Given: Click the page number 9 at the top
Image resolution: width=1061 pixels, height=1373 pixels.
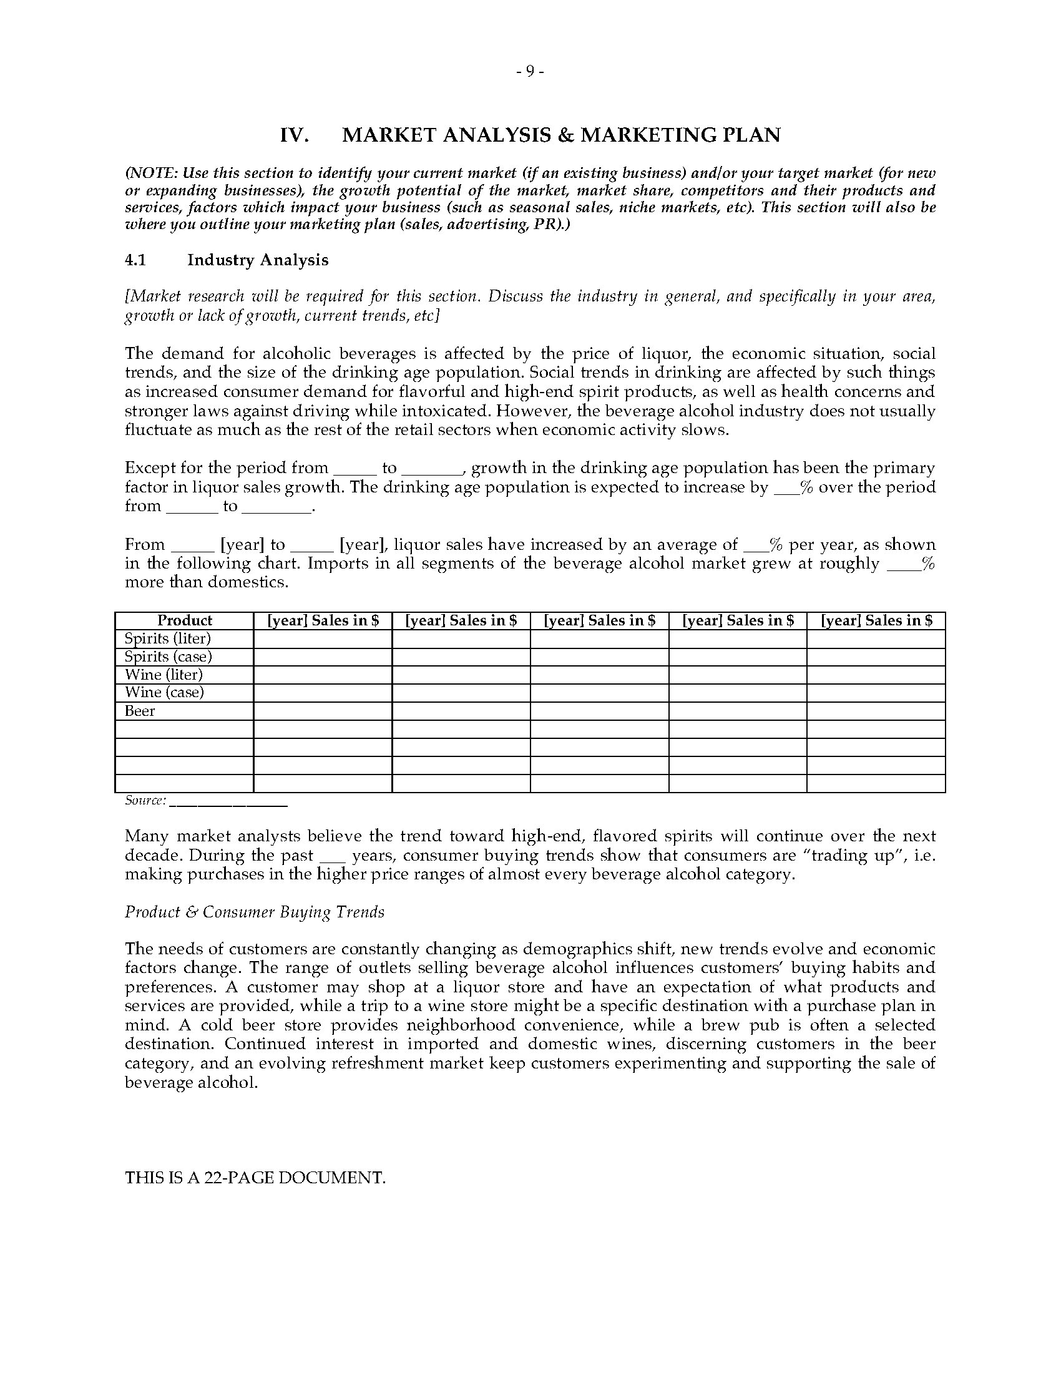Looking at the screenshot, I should pyautogui.click(x=530, y=72).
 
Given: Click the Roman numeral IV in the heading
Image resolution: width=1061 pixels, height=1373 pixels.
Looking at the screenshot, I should pyautogui.click(x=293, y=135).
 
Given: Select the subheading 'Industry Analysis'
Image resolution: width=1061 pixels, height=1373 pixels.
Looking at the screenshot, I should pyautogui.click(x=258, y=260).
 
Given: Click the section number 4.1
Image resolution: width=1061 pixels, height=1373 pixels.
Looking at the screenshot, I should pyautogui.click(x=135, y=260).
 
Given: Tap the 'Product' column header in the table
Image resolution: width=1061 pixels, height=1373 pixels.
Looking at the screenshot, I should pyautogui.click(x=184, y=620).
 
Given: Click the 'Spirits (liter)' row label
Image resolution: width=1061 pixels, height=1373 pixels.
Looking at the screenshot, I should pyautogui.click(x=167, y=638).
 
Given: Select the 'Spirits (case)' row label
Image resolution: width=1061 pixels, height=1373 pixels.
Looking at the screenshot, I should pyautogui.click(x=168, y=657).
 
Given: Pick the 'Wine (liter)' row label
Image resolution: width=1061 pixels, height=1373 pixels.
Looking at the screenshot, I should pyautogui.click(x=164, y=675).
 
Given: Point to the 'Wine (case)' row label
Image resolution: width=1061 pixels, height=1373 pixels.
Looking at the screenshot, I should pyautogui.click(x=164, y=693).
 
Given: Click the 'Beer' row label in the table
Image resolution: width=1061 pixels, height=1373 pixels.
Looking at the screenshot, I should pyautogui.click(x=140, y=711).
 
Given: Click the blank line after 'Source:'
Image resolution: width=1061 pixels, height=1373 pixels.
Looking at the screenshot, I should pyautogui.click(x=228, y=802).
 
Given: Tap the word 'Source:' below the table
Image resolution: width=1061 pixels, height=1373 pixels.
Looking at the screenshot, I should pyautogui.click(x=145, y=801).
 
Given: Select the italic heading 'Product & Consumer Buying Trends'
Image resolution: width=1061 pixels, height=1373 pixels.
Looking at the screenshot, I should pyautogui.click(x=255, y=912).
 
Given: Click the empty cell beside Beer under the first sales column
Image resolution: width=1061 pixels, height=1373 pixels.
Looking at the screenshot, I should pyautogui.click(x=323, y=711).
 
